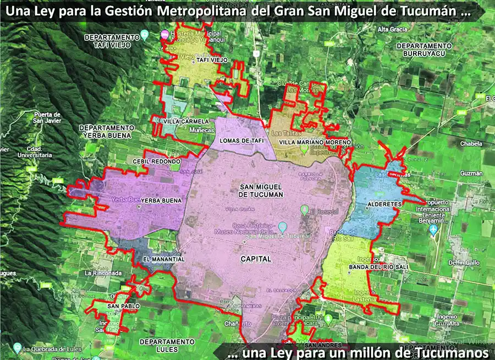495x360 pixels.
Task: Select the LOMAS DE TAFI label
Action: [242, 140]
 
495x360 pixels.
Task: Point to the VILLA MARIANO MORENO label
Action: [315, 142]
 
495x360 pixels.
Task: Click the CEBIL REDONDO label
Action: [156, 161]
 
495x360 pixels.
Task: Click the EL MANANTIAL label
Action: [163, 259]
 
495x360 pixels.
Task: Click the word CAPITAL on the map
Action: [256, 258]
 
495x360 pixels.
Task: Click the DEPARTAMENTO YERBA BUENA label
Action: [106, 131]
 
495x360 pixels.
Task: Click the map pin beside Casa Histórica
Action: [283, 226]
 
